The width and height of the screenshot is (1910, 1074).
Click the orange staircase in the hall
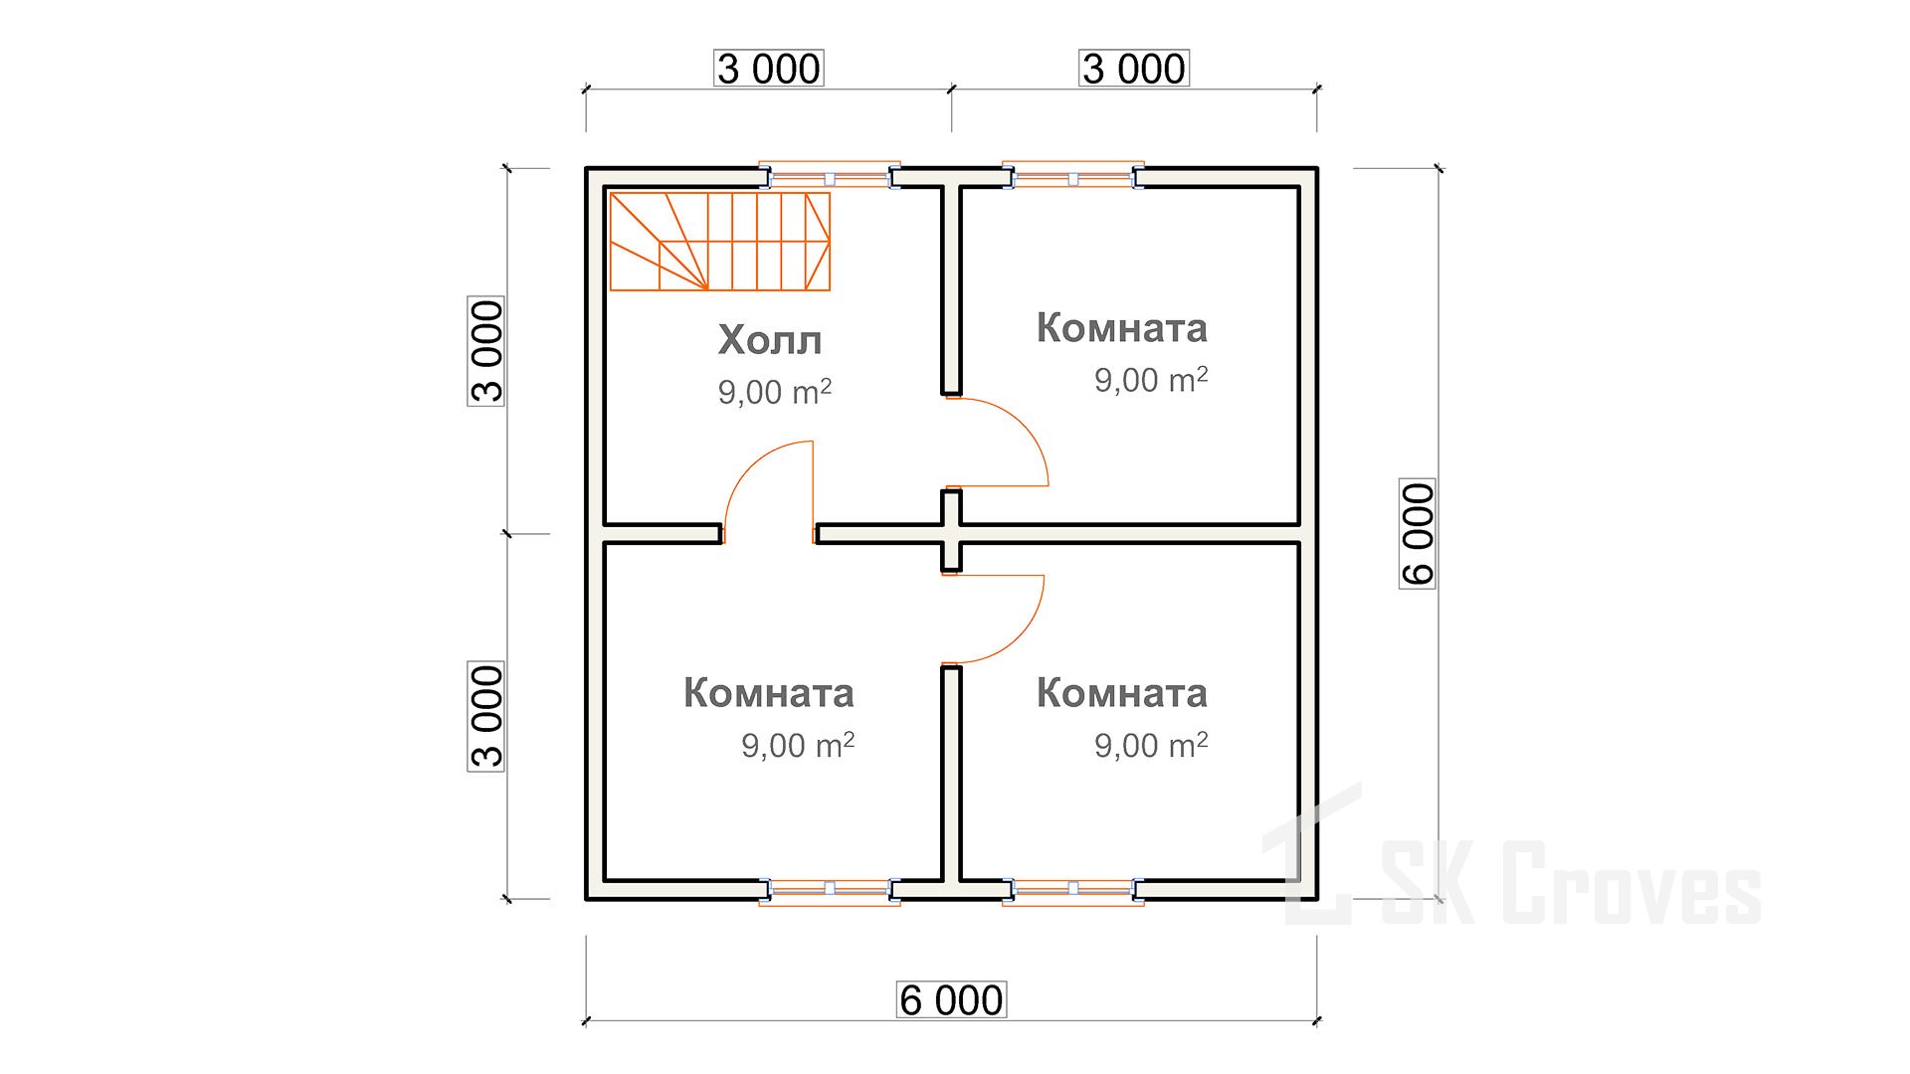click(x=719, y=242)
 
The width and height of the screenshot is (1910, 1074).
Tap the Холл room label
click(x=770, y=340)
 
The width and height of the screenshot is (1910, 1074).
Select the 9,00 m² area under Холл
click(x=775, y=392)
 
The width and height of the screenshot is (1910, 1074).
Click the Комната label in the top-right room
click(x=1122, y=327)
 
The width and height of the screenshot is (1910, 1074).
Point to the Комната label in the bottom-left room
click(x=769, y=692)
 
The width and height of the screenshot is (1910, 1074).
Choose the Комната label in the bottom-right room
click(x=1122, y=692)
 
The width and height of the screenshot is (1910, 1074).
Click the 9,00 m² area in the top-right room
click(x=1151, y=379)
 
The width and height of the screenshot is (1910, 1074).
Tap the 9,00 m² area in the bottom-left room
click(x=798, y=744)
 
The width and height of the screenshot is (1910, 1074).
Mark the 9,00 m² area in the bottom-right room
click(x=1151, y=744)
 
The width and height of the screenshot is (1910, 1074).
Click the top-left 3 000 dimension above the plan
click(x=769, y=69)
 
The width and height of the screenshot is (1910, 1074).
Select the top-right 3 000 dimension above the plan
click(x=1134, y=69)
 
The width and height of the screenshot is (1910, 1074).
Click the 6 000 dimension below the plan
click(x=951, y=999)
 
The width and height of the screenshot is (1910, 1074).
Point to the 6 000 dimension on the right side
click(x=1418, y=534)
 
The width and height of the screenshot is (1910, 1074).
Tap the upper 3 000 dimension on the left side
click(x=486, y=351)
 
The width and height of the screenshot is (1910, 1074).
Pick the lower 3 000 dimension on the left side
click(x=486, y=716)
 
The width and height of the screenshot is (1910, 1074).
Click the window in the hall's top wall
click(x=830, y=177)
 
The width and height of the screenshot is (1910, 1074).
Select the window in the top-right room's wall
click(x=1073, y=177)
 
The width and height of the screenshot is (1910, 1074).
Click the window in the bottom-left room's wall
click(x=830, y=890)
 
